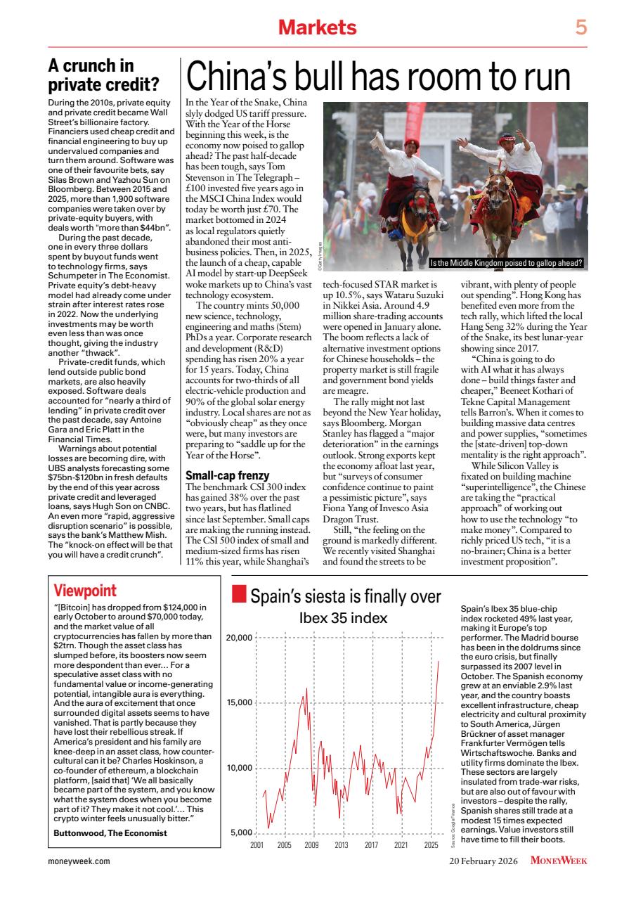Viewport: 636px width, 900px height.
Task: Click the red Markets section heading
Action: (x=317, y=27)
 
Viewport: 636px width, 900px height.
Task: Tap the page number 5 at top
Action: (x=580, y=27)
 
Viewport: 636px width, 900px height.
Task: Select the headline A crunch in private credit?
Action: (x=103, y=76)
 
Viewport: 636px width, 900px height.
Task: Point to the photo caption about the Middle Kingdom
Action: (x=509, y=264)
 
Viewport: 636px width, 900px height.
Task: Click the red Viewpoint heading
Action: (x=85, y=591)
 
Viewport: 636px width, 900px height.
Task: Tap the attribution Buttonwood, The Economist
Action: (x=110, y=832)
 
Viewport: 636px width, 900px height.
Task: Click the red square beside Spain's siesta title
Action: (x=238, y=596)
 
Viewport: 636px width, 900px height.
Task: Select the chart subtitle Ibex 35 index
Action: (x=343, y=618)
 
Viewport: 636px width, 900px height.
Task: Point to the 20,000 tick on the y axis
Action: (x=239, y=638)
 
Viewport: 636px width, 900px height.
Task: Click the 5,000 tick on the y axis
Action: (x=241, y=832)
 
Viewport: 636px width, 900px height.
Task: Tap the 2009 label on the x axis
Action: (x=312, y=844)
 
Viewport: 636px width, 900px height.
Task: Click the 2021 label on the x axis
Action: (x=401, y=844)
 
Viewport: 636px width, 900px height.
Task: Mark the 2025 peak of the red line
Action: (x=439, y=661)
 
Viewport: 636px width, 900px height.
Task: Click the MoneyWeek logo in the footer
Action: (x=559, y=860)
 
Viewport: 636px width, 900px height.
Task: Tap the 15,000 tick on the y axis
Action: (x=239, y=703)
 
